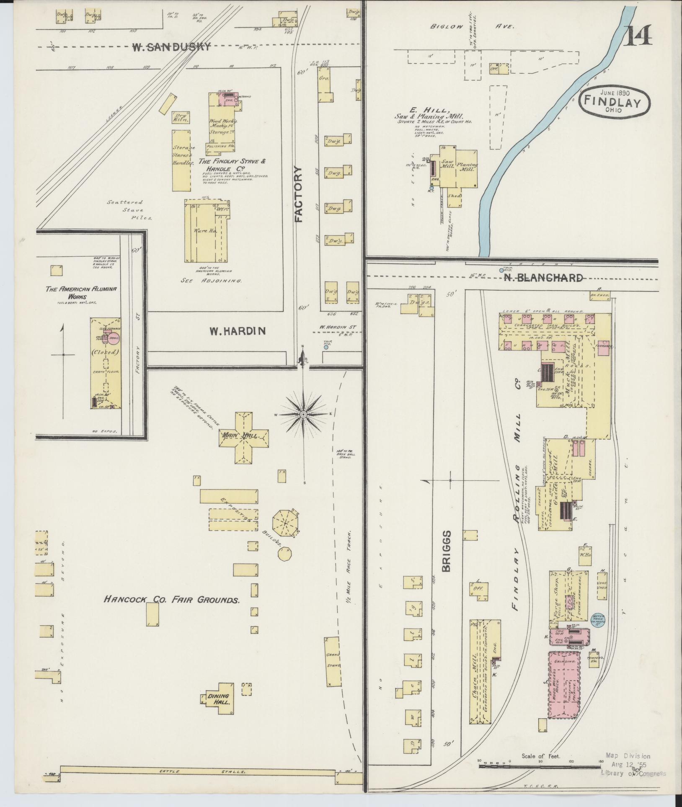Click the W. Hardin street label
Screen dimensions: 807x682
click(x=238, y=331)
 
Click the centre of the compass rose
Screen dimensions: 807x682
click(x=303, y=415)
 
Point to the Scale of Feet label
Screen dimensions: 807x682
click(x=540, y=756)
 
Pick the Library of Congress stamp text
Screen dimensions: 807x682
click(x=633, y=773)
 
